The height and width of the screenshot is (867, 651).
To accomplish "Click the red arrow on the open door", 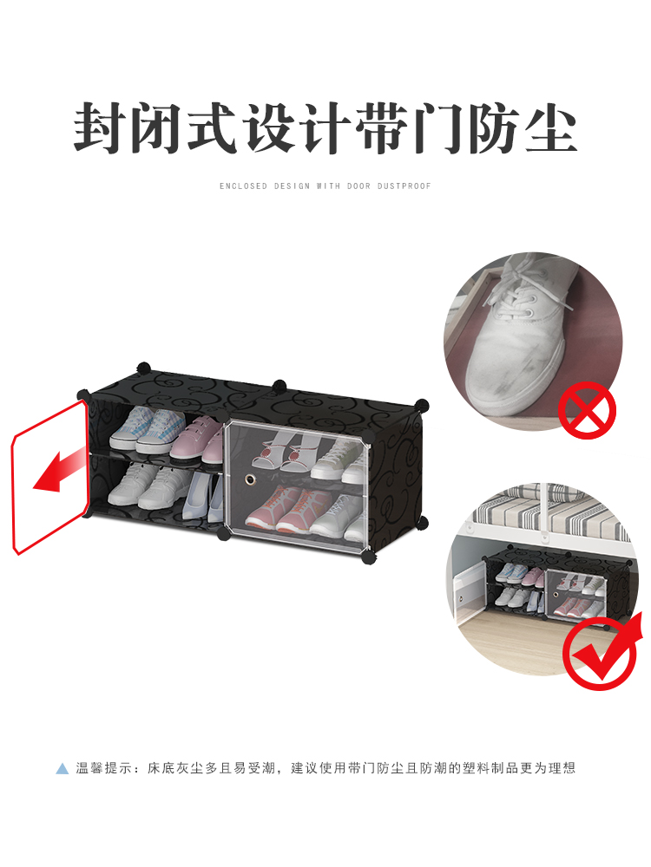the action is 58,471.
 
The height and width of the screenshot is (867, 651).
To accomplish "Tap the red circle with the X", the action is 587,410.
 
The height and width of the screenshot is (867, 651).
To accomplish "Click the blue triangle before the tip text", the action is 62,768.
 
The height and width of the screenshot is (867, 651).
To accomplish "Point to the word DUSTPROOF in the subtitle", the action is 404,186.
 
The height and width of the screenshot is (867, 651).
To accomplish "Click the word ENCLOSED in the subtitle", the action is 244,186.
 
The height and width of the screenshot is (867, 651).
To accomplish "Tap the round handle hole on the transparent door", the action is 250,479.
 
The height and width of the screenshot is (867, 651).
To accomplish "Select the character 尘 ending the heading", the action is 551,128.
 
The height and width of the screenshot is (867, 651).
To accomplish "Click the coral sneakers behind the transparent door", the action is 288,509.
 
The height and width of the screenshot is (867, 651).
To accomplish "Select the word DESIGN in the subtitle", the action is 293,186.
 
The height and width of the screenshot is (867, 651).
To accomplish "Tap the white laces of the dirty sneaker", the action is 526,288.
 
